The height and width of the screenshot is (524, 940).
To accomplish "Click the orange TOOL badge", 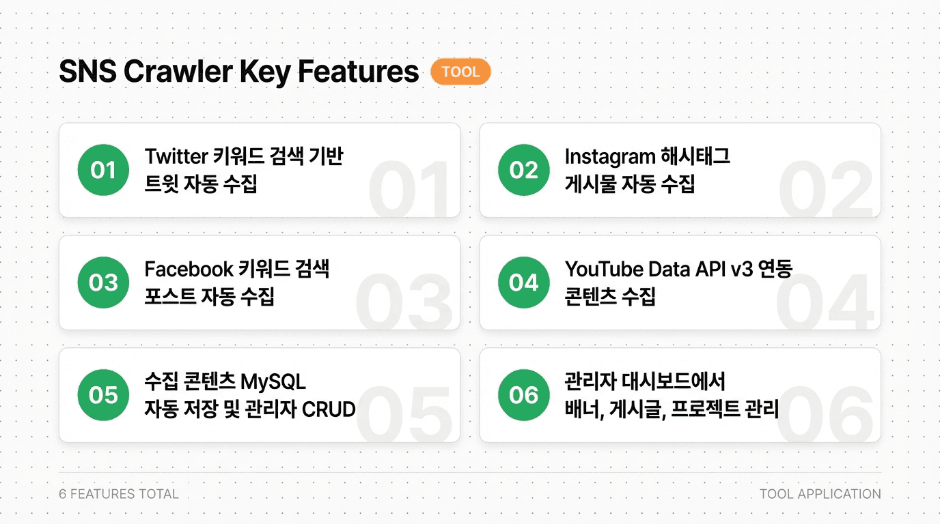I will tap(460, 72).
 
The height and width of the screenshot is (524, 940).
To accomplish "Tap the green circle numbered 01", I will tap(103, 170).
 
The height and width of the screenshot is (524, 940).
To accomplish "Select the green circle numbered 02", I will tap(523, 170).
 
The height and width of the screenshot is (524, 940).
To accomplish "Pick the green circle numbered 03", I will tap(103, 282).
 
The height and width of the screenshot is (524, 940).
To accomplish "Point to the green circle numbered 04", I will tap(523, 282).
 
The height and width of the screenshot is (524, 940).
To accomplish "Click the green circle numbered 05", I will tap(103, 395).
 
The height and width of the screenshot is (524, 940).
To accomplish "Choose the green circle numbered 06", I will tap(523, 395).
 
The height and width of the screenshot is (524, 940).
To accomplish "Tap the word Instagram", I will tap(608, 156).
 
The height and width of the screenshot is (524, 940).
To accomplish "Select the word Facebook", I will tap(189, 269).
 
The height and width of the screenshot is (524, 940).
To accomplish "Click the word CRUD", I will tap(329, 409).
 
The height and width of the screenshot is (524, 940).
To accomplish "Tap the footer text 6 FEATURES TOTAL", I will tap(119, 494).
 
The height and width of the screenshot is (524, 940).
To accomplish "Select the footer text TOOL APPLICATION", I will tap(820, 494).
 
